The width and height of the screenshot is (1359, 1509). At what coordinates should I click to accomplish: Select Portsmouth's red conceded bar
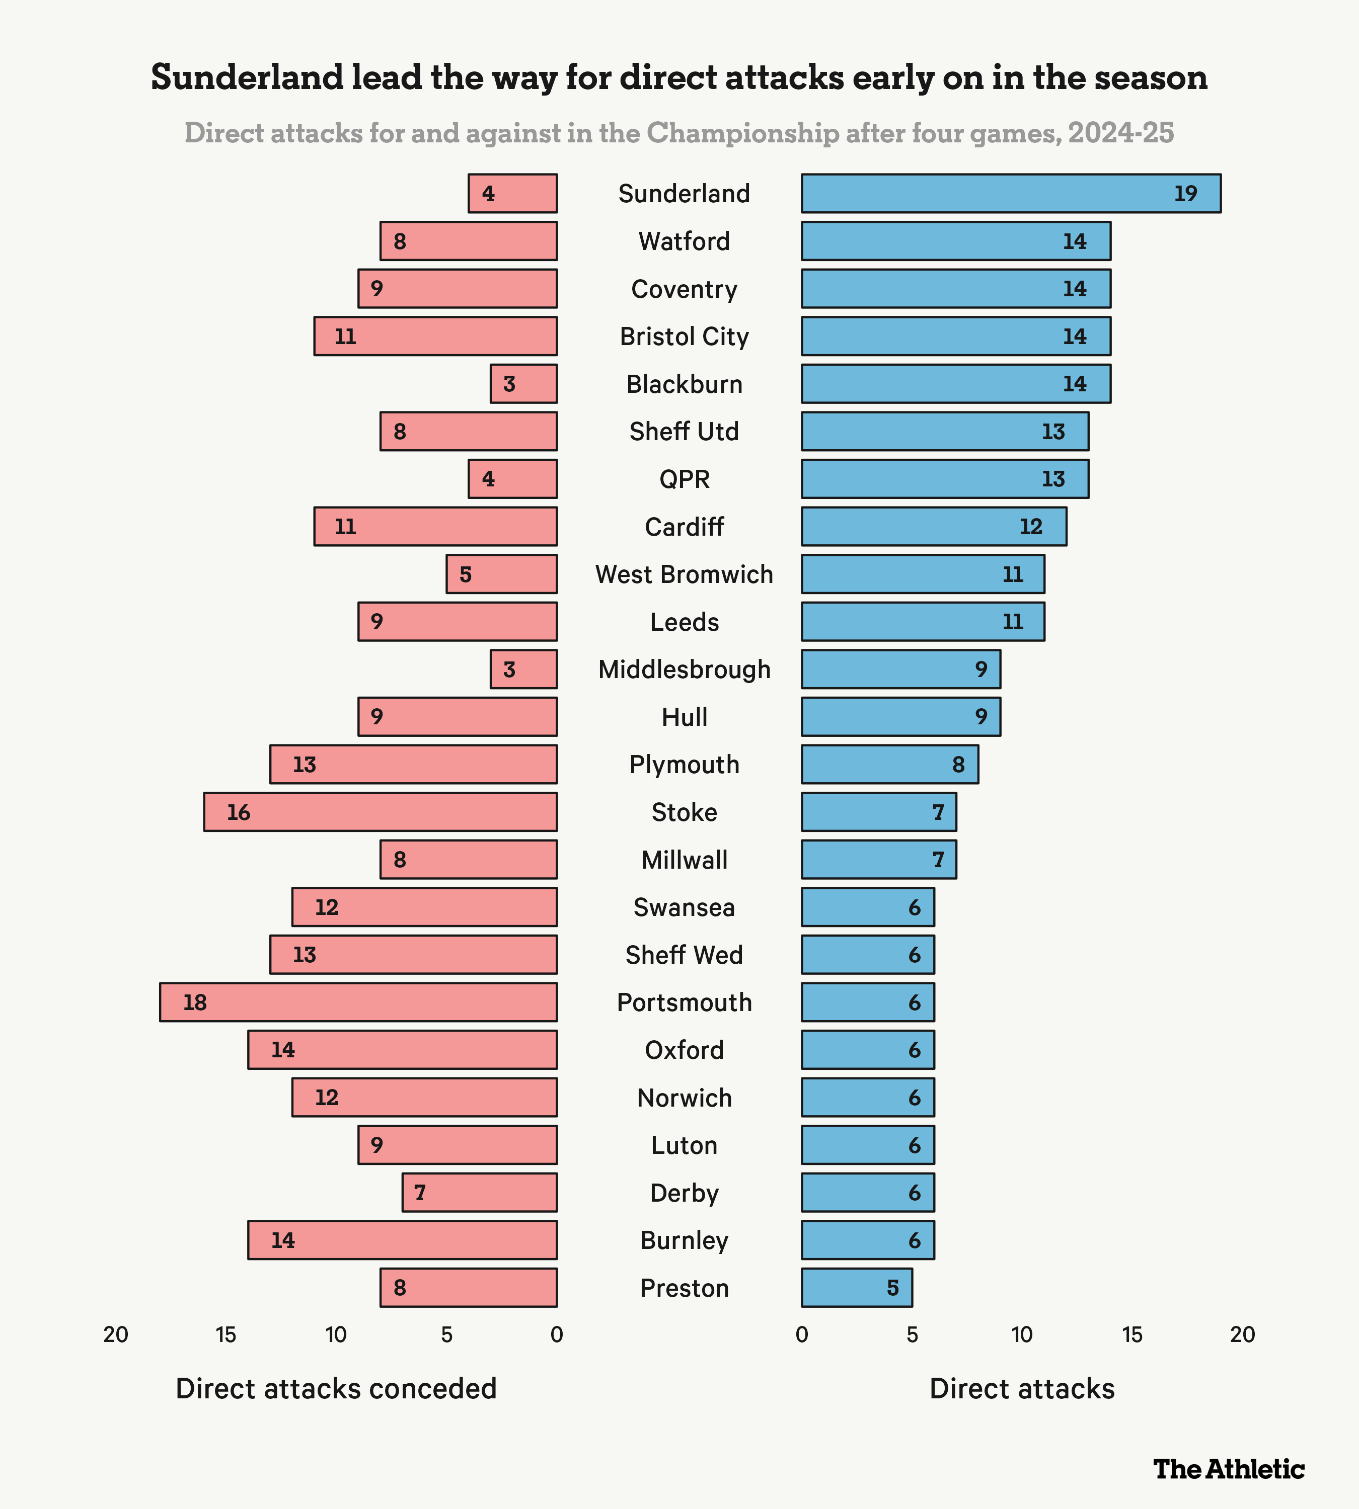(358, 1002)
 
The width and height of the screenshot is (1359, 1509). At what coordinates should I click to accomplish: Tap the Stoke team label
(684, 812)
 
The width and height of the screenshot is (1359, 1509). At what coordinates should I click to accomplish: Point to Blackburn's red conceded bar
(523, 384)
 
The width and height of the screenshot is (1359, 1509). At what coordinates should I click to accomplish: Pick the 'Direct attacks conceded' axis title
(336, 1389)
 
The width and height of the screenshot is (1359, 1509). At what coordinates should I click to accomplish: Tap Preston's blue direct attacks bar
(857, 1287)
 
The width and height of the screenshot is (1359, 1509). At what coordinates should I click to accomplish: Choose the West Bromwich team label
(684, 574)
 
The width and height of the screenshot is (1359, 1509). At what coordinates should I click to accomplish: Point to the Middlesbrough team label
(684, 669)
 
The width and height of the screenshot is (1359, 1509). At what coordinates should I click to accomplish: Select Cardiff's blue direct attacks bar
(933, 526)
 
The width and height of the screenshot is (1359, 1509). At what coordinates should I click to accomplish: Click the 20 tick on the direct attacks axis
(1243, 1334)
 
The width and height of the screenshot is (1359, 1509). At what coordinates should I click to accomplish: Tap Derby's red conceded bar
(479, 1193)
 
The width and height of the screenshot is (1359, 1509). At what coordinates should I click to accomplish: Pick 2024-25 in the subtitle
(1121, 133)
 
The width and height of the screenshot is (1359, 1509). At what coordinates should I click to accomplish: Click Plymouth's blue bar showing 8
(889, 764)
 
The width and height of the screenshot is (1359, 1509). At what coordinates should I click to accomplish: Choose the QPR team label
(684, 479)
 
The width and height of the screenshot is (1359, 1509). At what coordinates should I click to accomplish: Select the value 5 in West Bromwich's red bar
(465, 574)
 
